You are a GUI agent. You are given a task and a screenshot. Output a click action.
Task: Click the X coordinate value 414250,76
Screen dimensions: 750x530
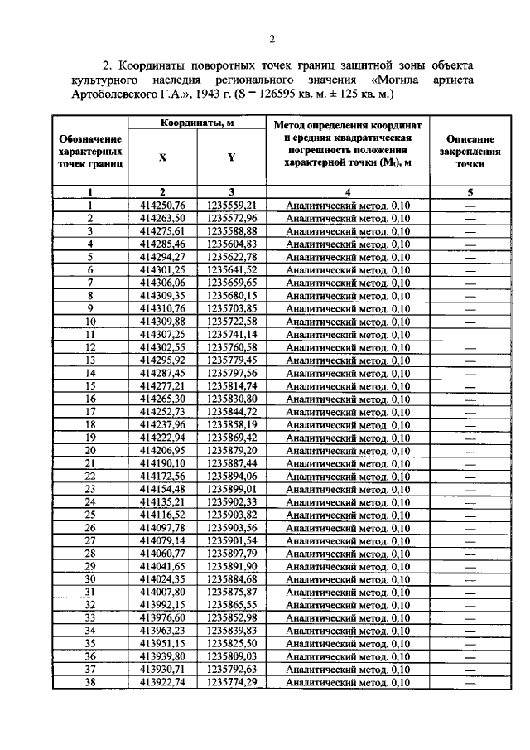click(x=162, y=205)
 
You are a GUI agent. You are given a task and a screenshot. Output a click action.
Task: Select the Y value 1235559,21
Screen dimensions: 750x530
click(x=232, y=205)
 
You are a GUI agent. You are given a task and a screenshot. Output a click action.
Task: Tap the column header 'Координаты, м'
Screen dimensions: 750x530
click(x=196, y=123)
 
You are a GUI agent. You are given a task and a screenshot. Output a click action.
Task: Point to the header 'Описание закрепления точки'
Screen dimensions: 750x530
click(x=470, y=152)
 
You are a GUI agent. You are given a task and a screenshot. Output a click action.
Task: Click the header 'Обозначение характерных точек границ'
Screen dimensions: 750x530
click(x=90, y=152)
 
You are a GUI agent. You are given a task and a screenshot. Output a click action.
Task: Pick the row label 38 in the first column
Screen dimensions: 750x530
click(x=90, y=682)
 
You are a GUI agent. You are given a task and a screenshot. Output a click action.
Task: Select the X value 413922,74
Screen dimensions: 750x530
click(x=162, y=682)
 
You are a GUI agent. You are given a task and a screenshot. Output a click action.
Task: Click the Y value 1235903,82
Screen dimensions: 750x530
click(x=232, y=515)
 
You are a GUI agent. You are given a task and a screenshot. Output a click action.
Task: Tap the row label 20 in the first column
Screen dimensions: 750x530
click(x=90, y=450)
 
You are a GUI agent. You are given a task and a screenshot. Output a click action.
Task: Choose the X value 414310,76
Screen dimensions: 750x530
click(x=162, y=308)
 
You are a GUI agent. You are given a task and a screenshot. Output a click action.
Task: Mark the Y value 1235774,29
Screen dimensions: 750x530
click(x=232, y=682)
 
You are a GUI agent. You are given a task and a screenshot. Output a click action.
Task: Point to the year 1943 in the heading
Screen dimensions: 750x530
click(x=222, y=94)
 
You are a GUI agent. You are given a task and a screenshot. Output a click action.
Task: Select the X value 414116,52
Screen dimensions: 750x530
click(x=162, y=515)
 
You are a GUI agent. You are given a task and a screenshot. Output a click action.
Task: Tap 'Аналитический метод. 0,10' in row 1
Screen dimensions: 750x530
click(x=348, y=205)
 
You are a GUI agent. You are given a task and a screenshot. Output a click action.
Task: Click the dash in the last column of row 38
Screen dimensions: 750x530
click(x=470, y=683)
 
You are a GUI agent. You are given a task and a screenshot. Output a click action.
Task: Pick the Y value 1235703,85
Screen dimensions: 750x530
click(x=232, y=308)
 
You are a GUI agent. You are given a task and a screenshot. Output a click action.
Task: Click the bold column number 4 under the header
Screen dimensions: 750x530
click(x=348, y=192)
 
